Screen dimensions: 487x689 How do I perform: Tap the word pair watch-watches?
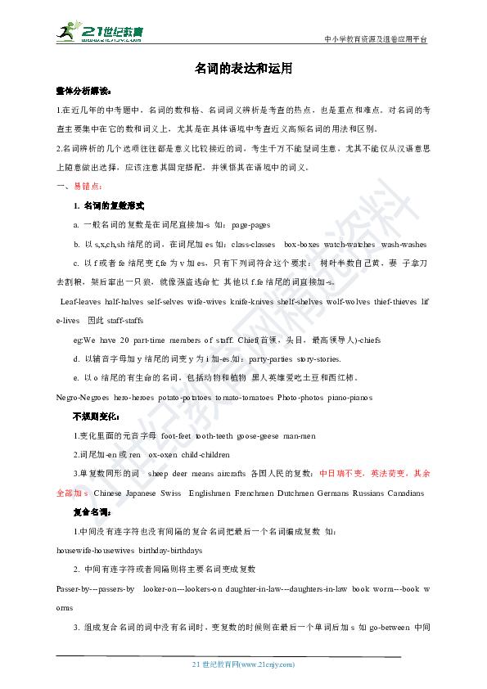[x=349, y=244]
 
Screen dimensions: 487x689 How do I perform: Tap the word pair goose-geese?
[x=259, y=436]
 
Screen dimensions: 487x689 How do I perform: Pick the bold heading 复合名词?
[x=89, y=513]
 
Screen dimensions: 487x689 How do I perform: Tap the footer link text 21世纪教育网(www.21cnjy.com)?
[x=242, y=664]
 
